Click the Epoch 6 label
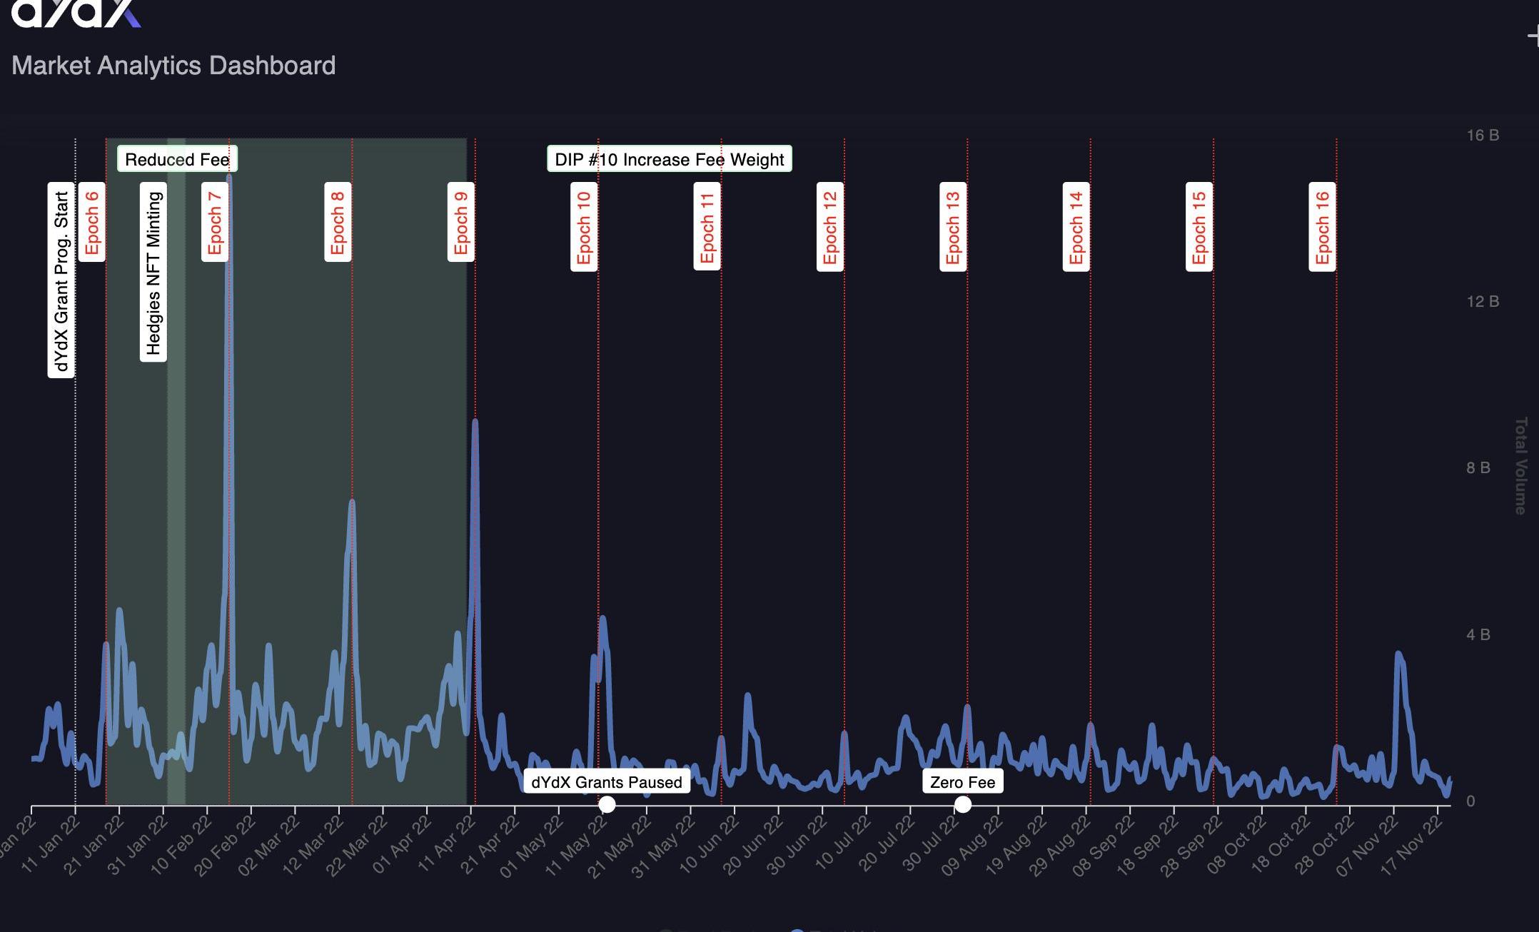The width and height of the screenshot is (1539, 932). (91, 222)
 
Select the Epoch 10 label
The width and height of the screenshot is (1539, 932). (584, 227)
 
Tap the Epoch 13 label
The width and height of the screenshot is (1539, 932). (953, 227)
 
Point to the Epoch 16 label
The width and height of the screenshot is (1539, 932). (1322, 227)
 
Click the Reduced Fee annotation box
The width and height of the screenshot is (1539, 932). (177, 159)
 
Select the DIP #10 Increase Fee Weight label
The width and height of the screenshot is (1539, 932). (669, 159)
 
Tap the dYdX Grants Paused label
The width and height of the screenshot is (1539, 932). (606, 782)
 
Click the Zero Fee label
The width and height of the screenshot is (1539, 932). (962, 782)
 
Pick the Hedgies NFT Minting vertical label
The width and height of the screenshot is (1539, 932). (153, 273)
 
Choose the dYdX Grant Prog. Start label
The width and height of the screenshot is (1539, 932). (61, 280)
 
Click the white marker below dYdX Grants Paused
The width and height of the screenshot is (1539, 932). (607, 804)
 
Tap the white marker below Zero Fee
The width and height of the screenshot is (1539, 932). (963, 804)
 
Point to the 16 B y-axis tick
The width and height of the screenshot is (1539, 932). (1482, 135)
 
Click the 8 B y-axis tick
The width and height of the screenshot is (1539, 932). (1478, 468)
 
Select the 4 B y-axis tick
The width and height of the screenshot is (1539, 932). (1478, 634)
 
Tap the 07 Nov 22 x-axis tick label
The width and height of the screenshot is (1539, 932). (1356, 846)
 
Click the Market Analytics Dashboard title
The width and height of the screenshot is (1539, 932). (173, 66)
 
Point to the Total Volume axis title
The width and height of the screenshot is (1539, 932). (1521, 465)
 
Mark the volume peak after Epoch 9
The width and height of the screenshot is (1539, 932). (475, 422)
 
